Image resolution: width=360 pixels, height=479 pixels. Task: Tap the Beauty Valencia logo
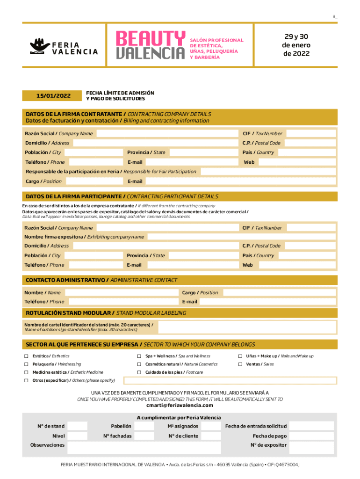click(x=151, y=45)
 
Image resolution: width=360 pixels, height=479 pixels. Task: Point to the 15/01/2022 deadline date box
click(x=53, y=96)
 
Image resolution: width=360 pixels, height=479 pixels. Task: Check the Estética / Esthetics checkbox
click(x=27, y=356)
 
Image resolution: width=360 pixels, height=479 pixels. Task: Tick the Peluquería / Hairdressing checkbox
click(x=27, y=364)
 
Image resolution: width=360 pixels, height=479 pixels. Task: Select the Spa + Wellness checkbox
click(x=139, y=356)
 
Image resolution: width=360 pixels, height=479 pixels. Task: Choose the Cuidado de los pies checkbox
click(x=139, y=372)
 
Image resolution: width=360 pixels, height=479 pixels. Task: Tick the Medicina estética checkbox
click(x=27, y=372)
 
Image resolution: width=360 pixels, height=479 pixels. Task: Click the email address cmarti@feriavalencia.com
click(x=180, y=406)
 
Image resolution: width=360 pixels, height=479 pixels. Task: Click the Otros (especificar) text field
click(x=229, y=380)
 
